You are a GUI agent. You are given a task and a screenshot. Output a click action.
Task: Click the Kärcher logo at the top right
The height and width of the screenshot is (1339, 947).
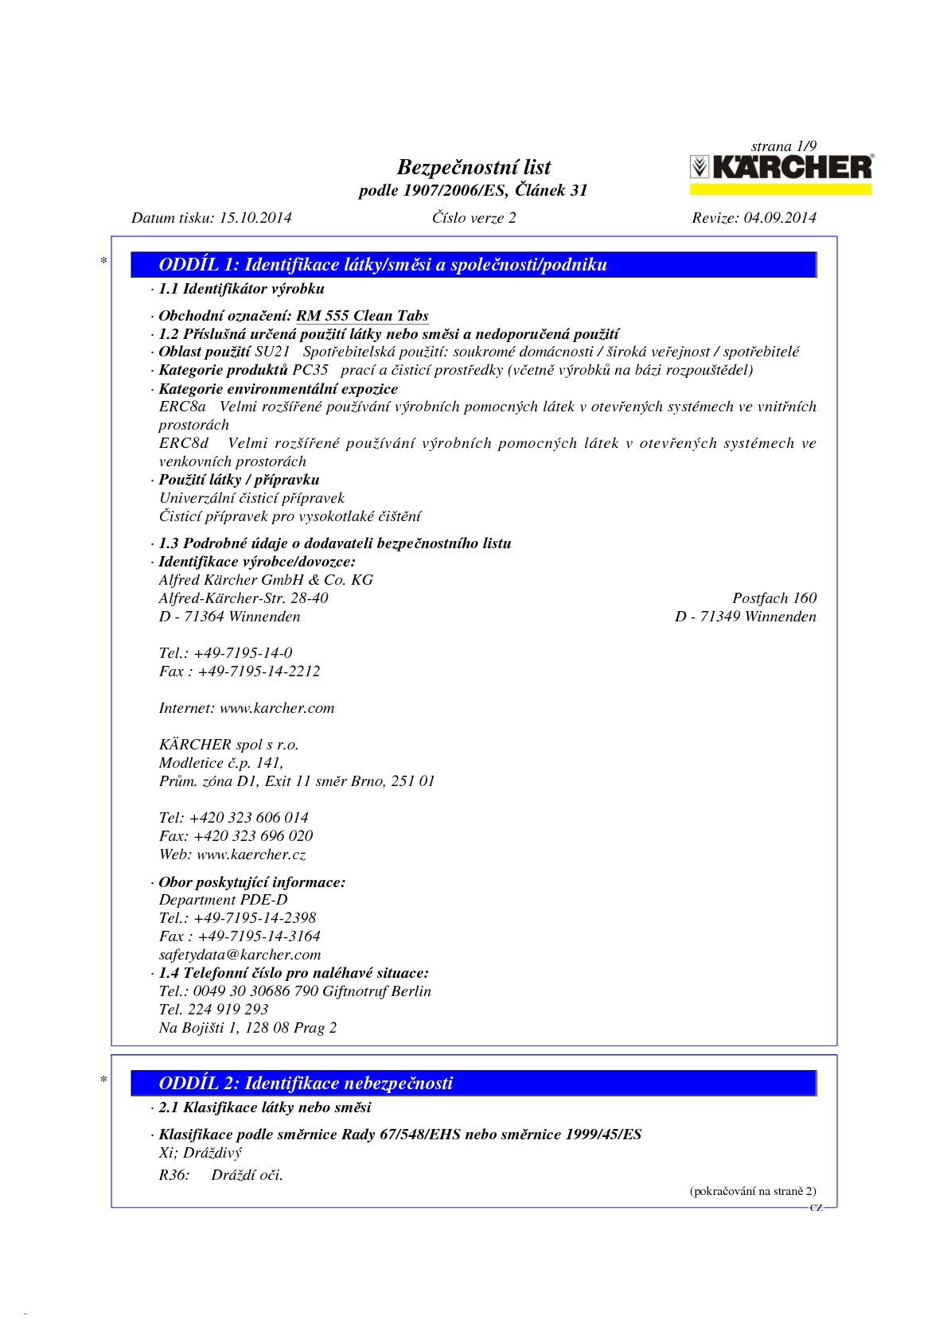780,168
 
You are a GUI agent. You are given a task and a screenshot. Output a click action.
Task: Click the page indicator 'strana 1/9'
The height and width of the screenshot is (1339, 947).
783,146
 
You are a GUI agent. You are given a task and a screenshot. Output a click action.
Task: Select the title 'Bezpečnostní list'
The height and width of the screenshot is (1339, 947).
473,167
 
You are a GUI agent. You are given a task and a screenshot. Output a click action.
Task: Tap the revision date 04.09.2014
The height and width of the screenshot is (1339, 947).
779,218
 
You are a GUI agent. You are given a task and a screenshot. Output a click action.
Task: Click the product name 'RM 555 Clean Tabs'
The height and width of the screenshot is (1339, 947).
362,316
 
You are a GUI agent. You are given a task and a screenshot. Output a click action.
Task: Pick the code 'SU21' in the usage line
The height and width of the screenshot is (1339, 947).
272,352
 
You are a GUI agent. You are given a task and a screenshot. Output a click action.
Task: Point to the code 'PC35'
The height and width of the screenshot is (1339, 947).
310,370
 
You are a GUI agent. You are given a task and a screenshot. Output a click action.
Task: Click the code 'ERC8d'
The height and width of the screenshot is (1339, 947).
184,443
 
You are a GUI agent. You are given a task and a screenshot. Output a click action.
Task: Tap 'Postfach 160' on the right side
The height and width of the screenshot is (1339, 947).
774,598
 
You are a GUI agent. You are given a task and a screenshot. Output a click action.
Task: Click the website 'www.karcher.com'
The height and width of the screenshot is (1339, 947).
277,708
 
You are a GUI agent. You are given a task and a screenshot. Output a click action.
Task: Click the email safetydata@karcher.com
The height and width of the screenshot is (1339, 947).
240,955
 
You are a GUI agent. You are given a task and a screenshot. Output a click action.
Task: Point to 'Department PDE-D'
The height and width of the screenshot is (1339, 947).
223,900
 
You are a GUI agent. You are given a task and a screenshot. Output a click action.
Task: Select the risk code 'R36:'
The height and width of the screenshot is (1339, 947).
174,1175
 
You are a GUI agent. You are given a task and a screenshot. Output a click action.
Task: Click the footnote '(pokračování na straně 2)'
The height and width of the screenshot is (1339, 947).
752,1191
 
